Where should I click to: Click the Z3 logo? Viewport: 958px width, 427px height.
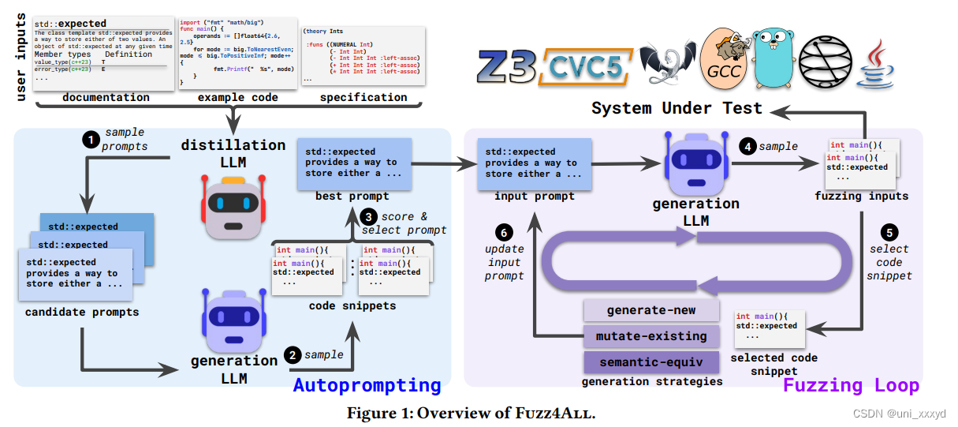[506, 67]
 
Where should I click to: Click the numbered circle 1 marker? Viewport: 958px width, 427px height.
[92, 139]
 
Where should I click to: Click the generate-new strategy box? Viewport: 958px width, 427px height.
[651, 310]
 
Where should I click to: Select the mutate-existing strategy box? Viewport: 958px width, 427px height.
[651, 336]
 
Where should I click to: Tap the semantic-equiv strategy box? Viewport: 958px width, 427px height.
[651, 362]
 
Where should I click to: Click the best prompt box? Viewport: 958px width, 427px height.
[354, 163]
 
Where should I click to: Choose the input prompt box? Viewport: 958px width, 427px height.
[534, 163]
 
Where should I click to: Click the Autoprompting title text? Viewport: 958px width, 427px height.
[367, 385]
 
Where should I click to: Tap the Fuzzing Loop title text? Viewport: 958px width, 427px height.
[850, 385]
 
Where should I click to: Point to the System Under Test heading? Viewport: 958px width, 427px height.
[677, 108]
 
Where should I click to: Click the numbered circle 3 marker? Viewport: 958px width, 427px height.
[368, 215]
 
